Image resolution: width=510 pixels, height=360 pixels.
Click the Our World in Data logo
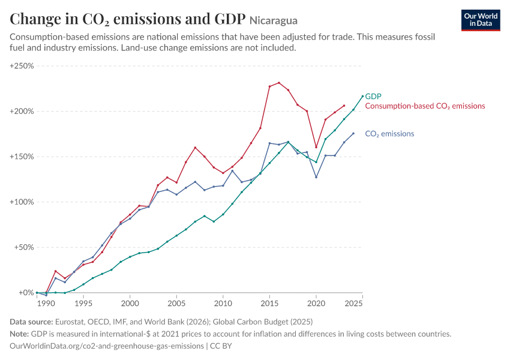point(481,20)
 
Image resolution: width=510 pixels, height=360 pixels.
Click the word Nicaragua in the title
point(274,20)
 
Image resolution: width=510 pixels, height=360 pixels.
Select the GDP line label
point(373,96)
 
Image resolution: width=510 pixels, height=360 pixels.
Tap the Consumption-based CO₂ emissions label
point(425,106)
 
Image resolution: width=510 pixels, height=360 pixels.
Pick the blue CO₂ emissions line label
point(389,134)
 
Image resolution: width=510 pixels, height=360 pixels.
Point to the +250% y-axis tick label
point(22,66)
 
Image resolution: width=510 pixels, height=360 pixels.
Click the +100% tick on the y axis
point(22,202)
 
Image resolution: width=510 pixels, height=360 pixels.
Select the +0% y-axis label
point(26,293)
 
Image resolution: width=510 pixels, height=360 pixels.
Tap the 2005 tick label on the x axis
point(176,304)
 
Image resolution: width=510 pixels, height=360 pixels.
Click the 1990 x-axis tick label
point(46,304)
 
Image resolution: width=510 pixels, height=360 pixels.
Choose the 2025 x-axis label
point(353,304)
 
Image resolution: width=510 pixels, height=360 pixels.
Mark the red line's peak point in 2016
point(279,83)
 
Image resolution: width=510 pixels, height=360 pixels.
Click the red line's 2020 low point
point(316,147)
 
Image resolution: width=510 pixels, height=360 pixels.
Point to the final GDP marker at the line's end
point(362,96)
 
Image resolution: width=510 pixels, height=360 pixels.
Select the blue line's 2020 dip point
point(316,177)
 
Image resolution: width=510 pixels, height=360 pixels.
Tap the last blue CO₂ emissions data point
point(353,134)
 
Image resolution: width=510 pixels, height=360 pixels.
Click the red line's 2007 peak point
point(195,148)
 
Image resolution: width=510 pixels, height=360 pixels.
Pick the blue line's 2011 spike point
point(232,171)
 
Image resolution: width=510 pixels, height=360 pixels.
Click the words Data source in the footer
point(31,322)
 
